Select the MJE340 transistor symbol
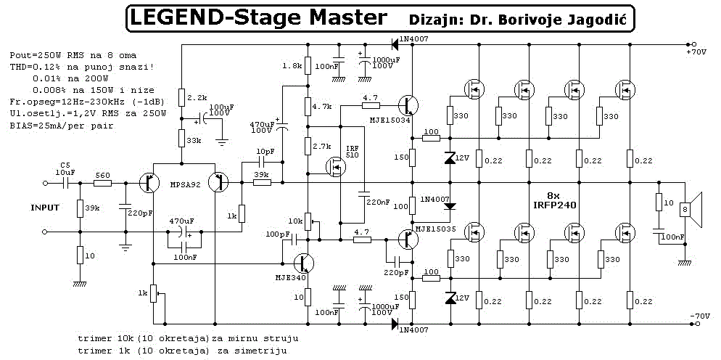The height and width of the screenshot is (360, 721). point(303,263)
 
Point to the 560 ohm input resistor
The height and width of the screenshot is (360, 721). point(102,183)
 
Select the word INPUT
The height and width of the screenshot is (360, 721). point(44,208)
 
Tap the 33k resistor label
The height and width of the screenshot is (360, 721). point(194,140)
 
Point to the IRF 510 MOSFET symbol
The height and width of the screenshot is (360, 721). point(336,167)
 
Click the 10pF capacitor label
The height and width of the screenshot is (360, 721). point(263,152)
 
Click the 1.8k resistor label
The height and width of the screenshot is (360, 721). point(293,66)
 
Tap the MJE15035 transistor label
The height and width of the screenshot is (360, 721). point(434,229)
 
